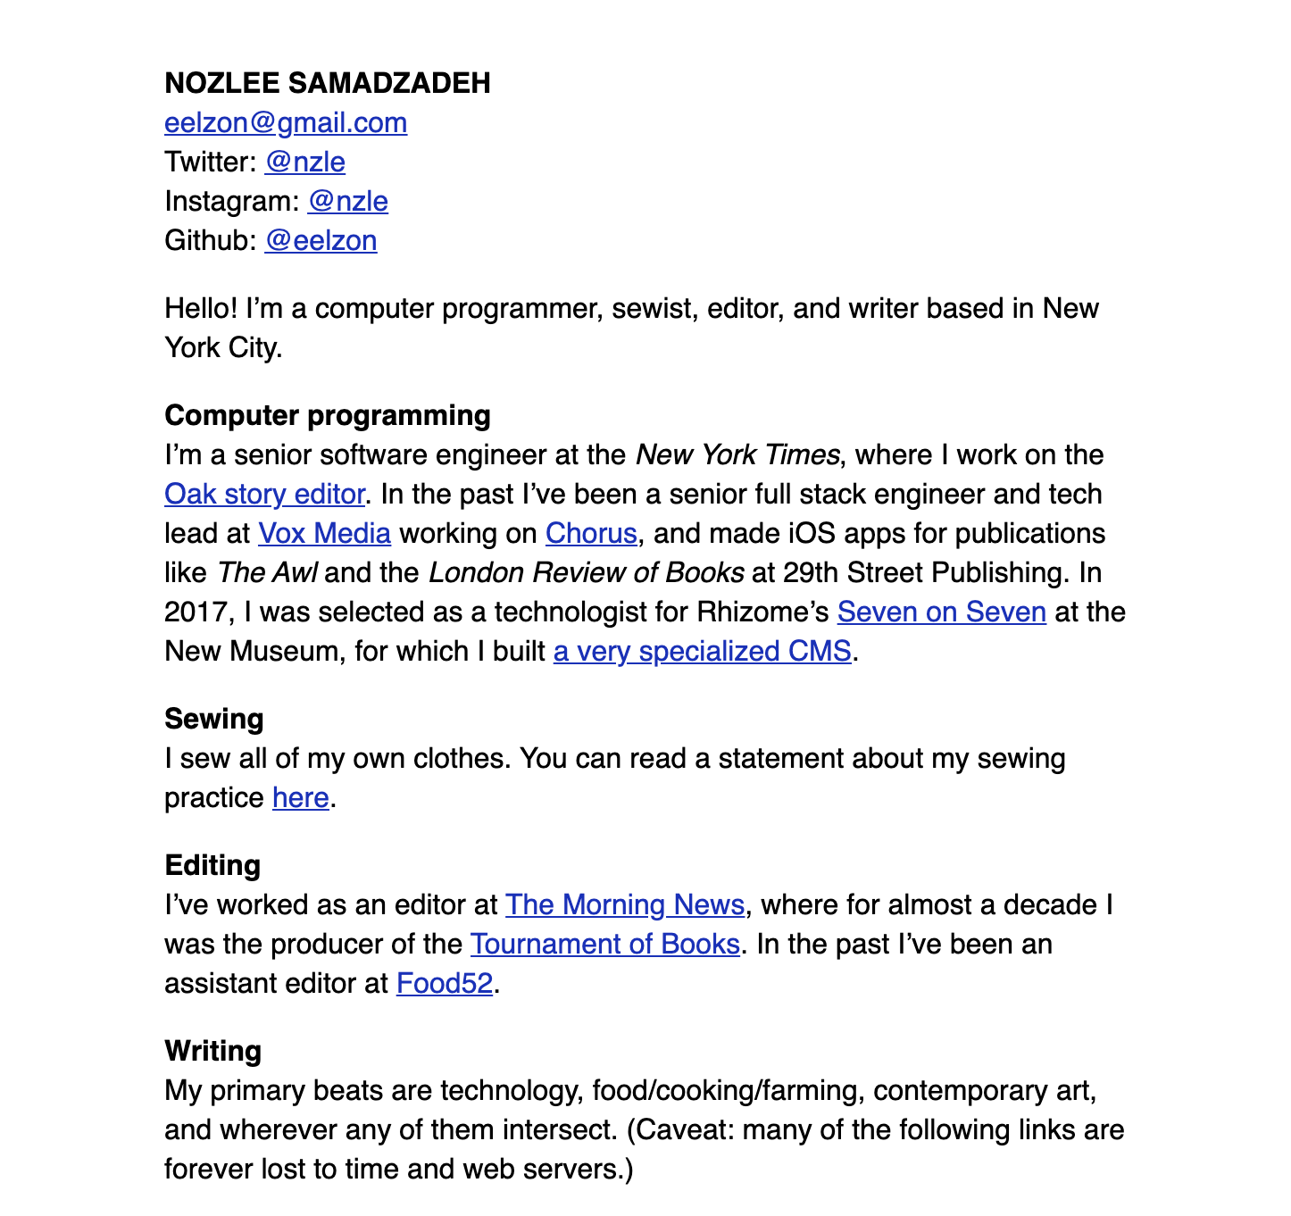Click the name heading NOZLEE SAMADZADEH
[328, 83]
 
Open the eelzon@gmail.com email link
[286, 122]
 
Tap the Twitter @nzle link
[304, 162]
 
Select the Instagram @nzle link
[347, 201]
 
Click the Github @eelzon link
[321, 240]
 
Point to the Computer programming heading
[328, 415]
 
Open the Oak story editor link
[264, 494]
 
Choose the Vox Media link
[324, 533]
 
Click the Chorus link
[591, 533]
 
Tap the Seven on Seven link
[941, 612]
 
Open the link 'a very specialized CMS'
[702, 651]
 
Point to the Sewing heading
[214, 719]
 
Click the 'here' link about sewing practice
[301, 797]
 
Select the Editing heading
[212, 865]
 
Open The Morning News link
[625, 904]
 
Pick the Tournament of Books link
[604, 944]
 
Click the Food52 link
[445, 983]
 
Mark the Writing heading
[212, 1051]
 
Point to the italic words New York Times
[737, 454]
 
